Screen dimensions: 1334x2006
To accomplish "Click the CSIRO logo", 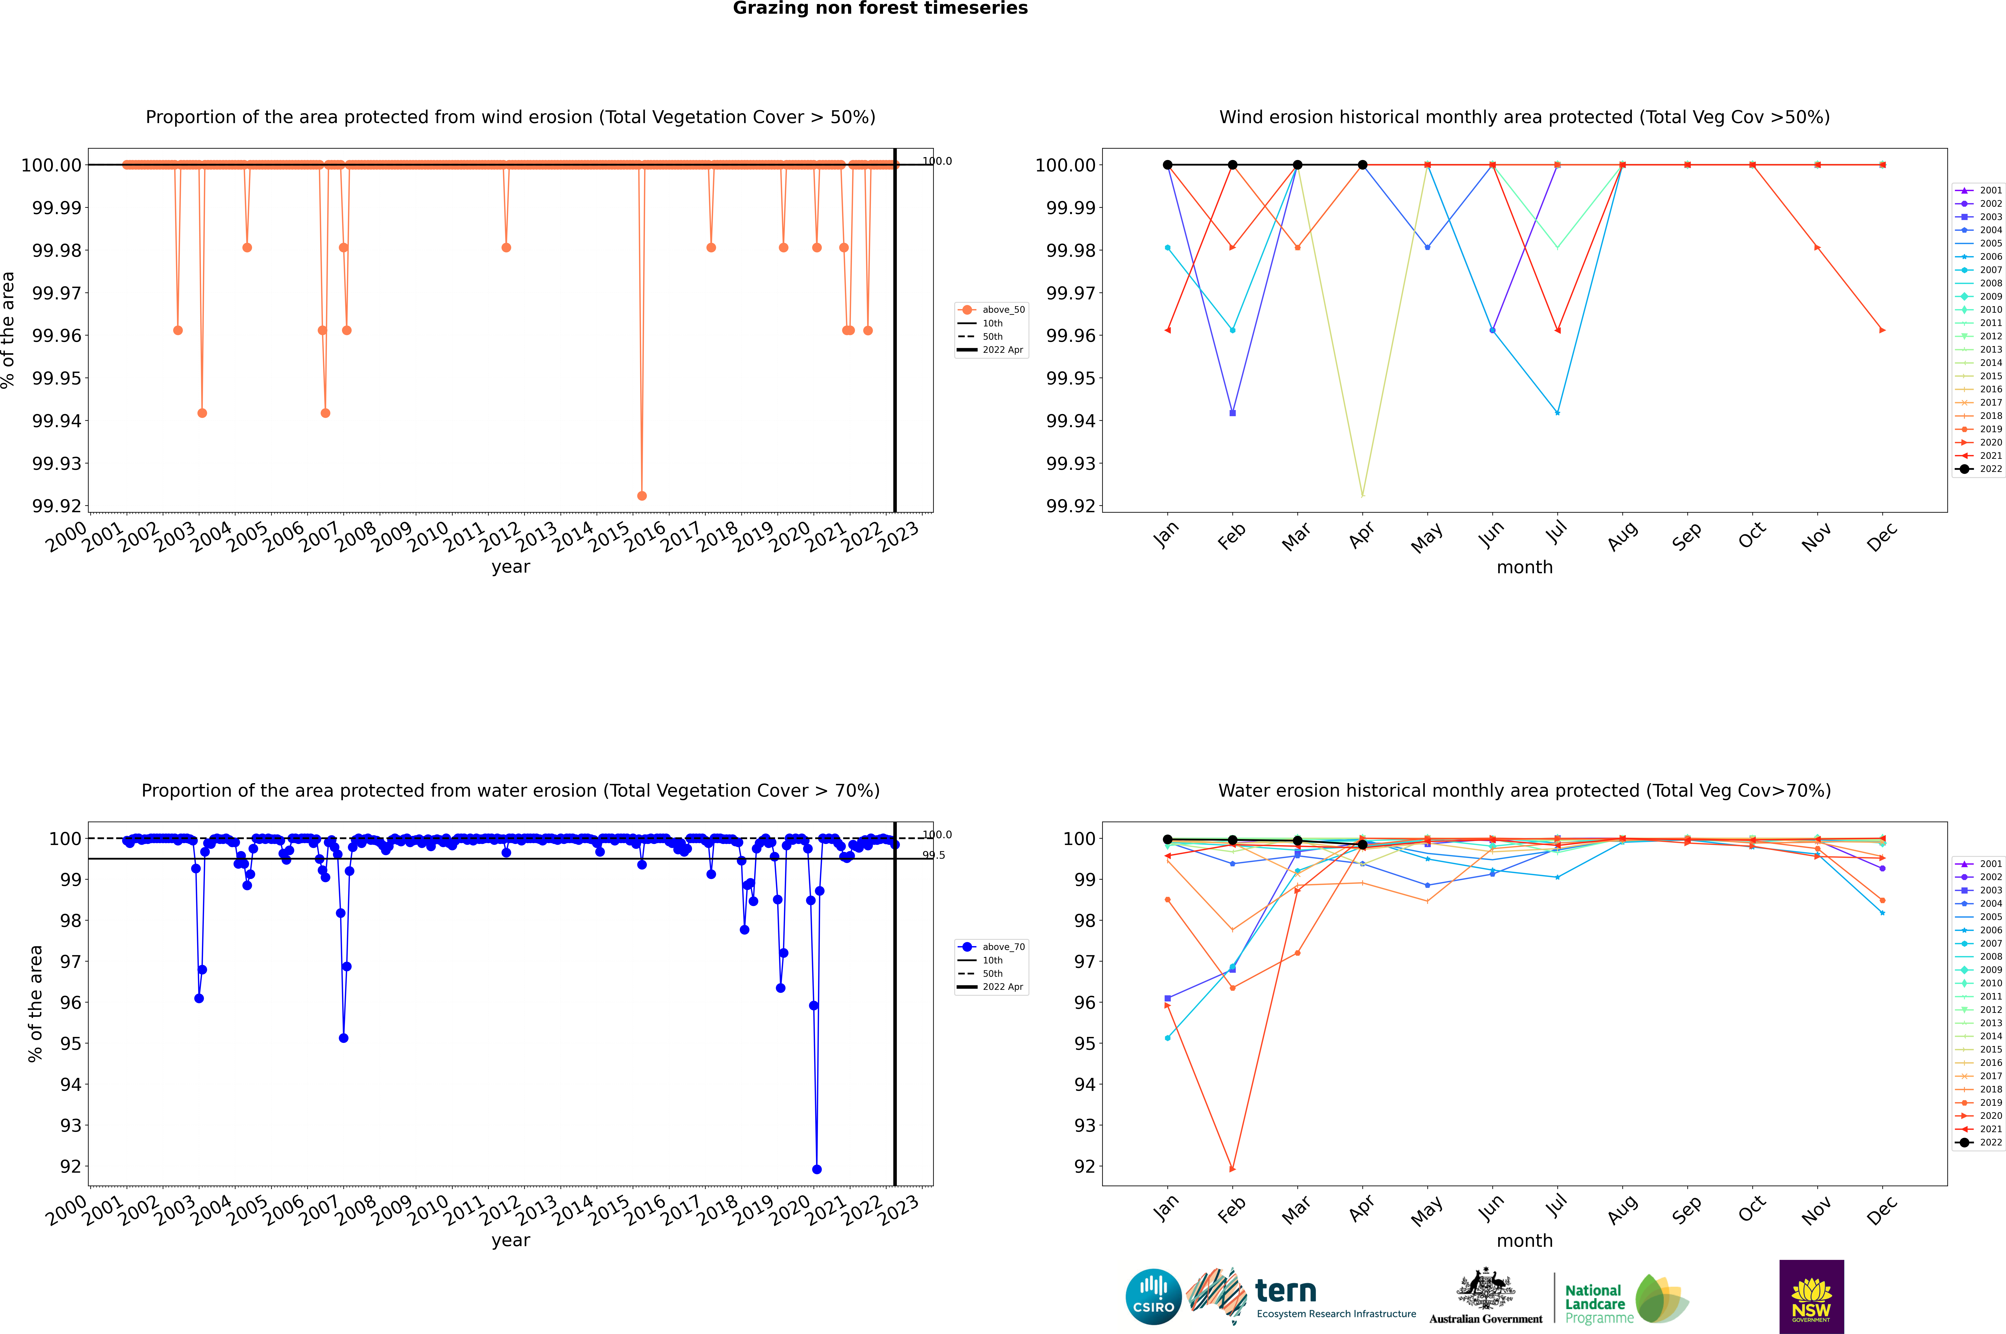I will (x=1153, y=1297).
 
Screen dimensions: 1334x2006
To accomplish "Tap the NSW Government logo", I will (x=1811, y=1297).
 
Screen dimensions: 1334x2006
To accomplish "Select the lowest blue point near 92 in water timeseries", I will (x=816, y=1169).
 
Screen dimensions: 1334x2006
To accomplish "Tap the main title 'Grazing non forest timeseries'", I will (x=880, y=8).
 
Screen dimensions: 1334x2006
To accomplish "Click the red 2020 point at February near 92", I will (x=1232, y=1169).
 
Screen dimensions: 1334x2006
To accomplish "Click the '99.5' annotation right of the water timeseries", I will (x=934, y=855).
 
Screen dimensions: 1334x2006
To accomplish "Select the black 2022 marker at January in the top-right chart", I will (x=1168, y=165).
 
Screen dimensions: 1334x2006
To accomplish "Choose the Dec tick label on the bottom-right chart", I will (x=1881, y=1210).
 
